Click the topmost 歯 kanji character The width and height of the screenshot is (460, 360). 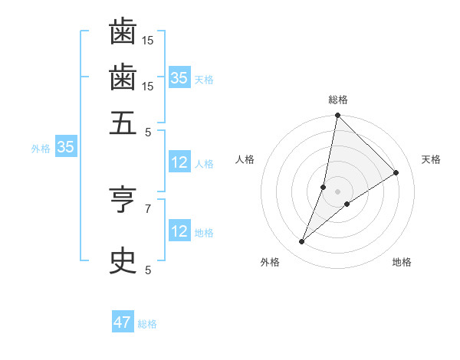tap(123, 33)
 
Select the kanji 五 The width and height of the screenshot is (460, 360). tap(123, 123)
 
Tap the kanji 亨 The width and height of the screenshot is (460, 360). tap(123, 201)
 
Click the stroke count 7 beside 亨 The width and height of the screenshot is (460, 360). tap(148, 208)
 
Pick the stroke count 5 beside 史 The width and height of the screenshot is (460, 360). tap(148, 269)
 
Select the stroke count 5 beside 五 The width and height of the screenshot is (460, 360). tap(148, 131)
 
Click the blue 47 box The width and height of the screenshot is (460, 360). tap(123, 322)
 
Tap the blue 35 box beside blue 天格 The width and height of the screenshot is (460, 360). tap(179, 77)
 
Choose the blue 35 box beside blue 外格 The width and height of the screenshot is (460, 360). tap(64, 147)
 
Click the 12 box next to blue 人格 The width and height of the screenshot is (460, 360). tap(179, 162)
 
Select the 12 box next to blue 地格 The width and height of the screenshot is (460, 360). tap(179, 231)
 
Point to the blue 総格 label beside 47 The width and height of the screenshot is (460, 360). tap(147, 324)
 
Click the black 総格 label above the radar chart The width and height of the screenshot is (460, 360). tap(337, 100)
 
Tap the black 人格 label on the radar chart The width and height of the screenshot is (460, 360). tap(245, 159)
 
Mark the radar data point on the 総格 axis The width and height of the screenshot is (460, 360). tap(337, 116)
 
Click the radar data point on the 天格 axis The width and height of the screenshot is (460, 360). tap(396, 172)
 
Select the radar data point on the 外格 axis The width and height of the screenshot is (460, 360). tap(302, 242)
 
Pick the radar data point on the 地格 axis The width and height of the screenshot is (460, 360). tap(347, 204)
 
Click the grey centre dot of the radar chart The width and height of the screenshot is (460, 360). tap(337, 191)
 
